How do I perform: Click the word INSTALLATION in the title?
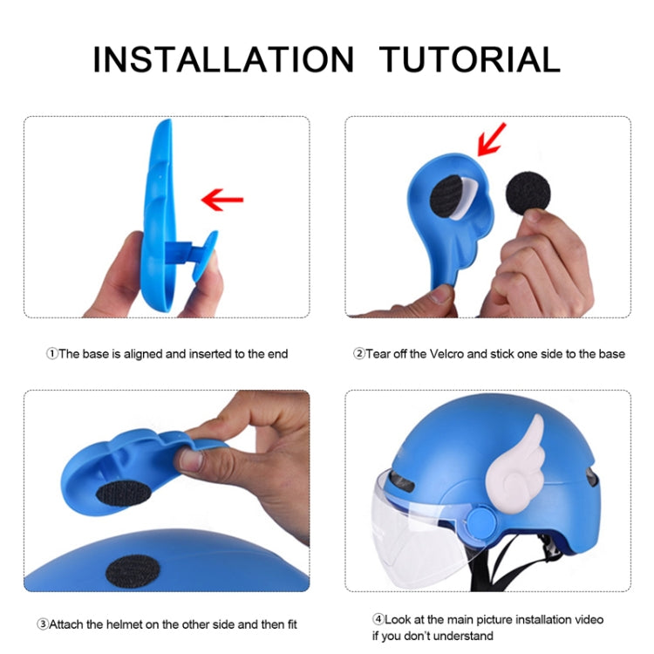point(223,59)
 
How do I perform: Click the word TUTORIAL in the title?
point(470,59)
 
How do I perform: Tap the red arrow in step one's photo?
point(222,200)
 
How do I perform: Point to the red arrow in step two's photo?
point(491,140)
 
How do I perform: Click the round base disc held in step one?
point(204,255)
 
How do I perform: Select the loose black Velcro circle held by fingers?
point(528,194)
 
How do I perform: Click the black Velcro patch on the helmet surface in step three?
point(133,571)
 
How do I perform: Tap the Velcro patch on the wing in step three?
point(124,494)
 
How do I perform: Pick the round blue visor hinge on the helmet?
point(481,521)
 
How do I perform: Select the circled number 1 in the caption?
point(51,354)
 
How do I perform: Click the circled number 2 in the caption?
point(359,354)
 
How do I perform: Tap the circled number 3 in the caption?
point(43,624)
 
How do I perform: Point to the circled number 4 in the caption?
point(378,619)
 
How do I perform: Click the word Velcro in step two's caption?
point(446,354)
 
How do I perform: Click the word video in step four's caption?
point(589,619)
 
